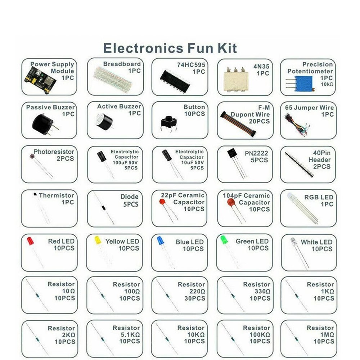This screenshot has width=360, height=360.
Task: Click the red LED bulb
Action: pyautogui.click(x=30, y=241)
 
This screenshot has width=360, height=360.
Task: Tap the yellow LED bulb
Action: pyautogui.click(x=98, y=240)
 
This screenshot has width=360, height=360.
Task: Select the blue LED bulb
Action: pyautogui.click(x=161, y=240)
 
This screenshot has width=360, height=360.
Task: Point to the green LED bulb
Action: pyautogui.click(x=224, y=239)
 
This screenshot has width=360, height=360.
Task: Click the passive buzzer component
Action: pyautogui.click(x=42, y=124)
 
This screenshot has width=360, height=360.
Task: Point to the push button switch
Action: pyautogui.click(x=168, y=122)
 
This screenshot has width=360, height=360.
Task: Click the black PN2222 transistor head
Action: pyautogui.click(x=232, y=154)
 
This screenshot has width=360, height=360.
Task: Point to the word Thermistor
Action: pyautogui.click(x=57, y=195)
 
